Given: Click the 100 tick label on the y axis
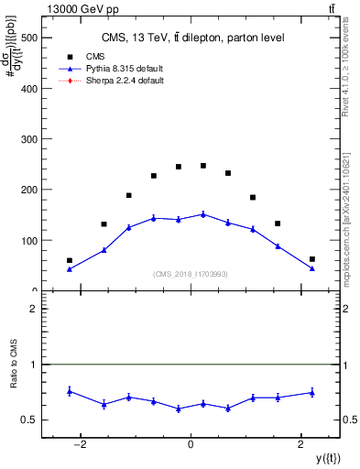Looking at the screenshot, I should coord(30,241).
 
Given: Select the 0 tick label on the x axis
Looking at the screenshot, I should coord(191,446).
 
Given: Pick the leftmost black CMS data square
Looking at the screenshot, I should coord(70,260).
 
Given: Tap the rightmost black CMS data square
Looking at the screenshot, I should coord(312,259).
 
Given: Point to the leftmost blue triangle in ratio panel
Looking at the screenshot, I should coord(70,391).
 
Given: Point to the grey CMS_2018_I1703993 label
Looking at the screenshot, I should coord(191,274).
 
